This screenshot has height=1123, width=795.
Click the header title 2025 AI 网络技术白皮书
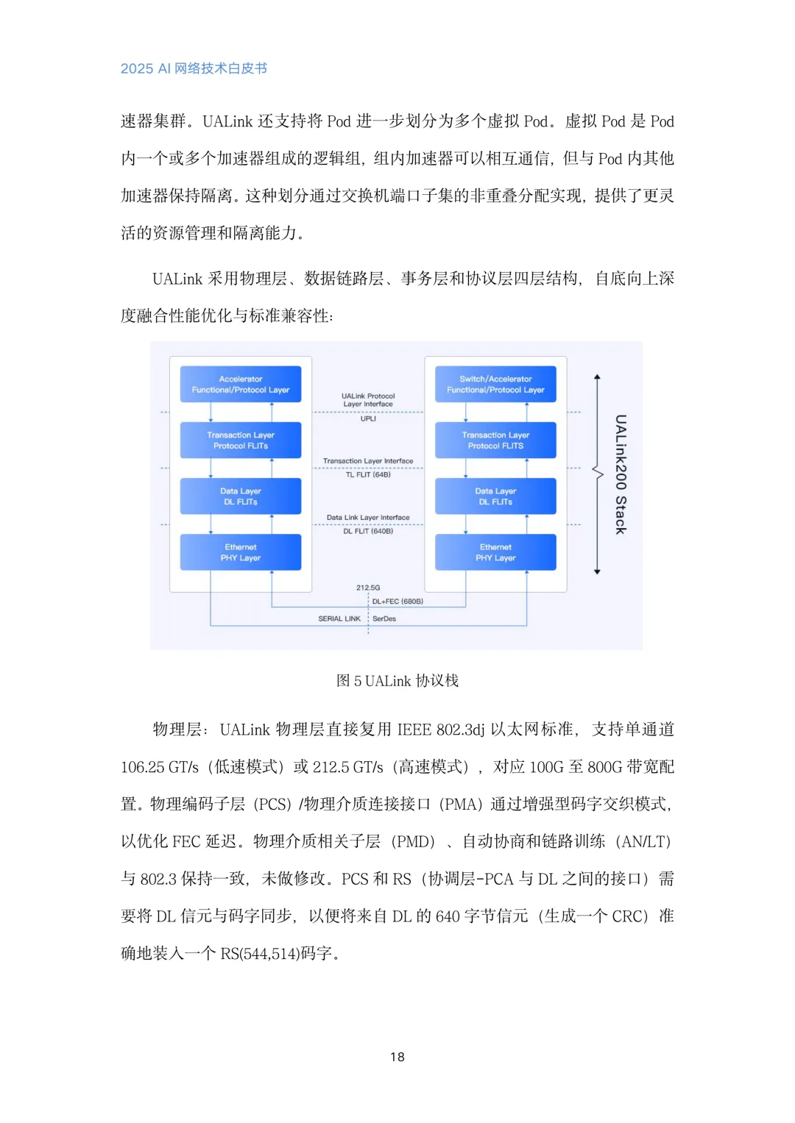(x=194, y=68)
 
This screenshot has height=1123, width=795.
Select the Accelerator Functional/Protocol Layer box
(x=241, y=385)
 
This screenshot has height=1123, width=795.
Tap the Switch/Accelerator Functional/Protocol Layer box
(x=495, y=385)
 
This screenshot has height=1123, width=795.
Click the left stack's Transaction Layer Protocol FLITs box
(x=241, y=441)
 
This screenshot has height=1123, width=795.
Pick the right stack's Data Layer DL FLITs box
(x=495, y=496)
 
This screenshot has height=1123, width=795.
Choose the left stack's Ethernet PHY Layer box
(x=241, y=552)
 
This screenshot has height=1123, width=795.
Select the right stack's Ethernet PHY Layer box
(x=495, y=552)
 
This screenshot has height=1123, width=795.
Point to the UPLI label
(x=368, y=419)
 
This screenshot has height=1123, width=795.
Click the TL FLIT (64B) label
(x=368, y=475)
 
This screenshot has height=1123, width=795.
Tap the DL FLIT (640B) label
(x=368, y=531)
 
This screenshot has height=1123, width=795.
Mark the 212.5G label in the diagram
(x=368, y=588)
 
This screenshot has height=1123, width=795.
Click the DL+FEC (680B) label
(x=397, y=602)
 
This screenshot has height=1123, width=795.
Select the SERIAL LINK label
(x=339, y=619)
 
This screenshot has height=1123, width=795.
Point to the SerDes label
(x=384, y=619)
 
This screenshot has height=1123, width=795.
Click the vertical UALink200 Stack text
(x=621, y=474)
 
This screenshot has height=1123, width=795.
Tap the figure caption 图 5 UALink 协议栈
(x=397, y=681)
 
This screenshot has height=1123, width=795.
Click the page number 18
(x=397, y=1057)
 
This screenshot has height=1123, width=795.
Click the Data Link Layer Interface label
(x=368, y=518)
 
